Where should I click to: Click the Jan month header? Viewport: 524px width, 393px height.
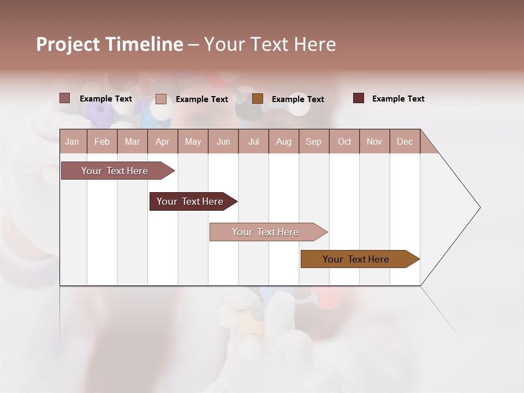point(73,141)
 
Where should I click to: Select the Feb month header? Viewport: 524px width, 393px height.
point(102,141)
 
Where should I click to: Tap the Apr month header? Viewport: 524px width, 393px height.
point(163,141)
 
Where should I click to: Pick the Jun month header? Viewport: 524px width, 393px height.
point(223,141)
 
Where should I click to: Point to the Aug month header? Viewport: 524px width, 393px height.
point(284,141)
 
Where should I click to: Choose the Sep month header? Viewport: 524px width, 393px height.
point(314,141)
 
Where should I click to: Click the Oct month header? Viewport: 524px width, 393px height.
point(344,141)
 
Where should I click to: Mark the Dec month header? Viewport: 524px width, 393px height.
point(405,141)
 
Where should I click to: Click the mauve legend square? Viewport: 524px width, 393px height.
point(65,98)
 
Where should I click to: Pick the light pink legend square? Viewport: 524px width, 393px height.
point(161,99)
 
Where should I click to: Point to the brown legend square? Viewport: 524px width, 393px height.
point(258,98)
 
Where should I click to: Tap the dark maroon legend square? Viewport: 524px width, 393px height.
point(359,98)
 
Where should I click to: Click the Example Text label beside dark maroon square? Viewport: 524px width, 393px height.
point(398,99)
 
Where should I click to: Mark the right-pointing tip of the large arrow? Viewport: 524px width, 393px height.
point(479,207)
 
